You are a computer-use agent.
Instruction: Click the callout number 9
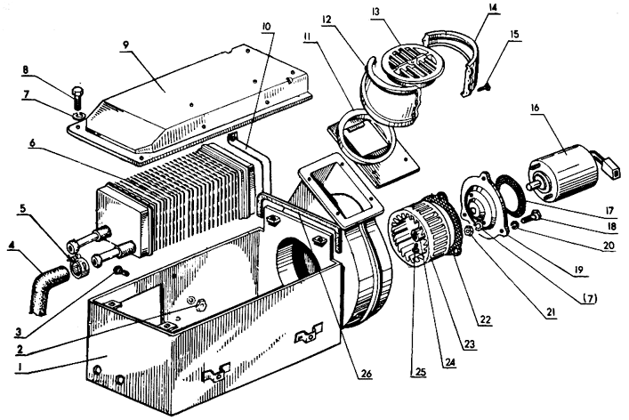click(126, 44)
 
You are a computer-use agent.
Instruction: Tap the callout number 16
click(535, 108)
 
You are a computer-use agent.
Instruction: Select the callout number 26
click(367, 374)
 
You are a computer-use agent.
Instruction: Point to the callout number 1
click(18, 367)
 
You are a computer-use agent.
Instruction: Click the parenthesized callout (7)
click(589, 298)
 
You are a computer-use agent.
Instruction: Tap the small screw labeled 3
click(120, 271)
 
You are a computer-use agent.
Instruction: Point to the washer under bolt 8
click(78, 117)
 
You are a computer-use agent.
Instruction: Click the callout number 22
click(486, 319)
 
